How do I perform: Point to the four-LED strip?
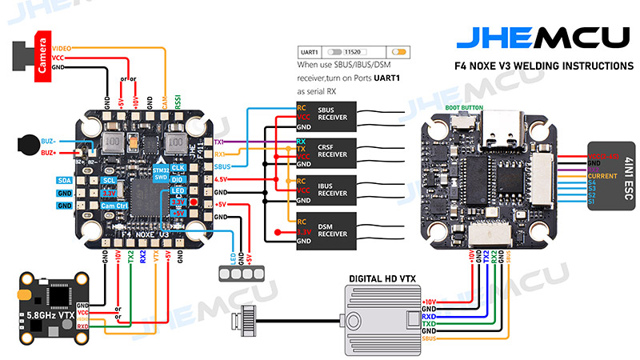tap(237, 272)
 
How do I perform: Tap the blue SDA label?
tap(64, 181)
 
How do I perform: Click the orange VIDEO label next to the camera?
tap(62, 49)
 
